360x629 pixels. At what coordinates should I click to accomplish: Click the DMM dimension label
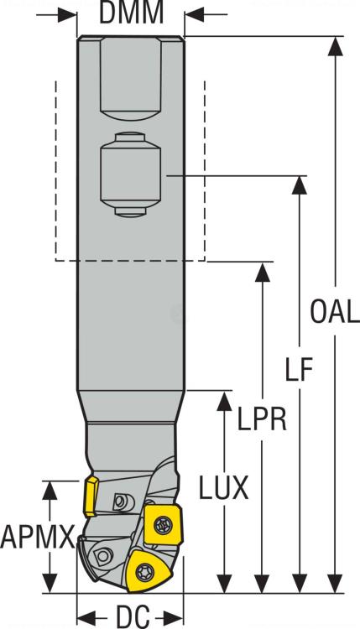point(129,13)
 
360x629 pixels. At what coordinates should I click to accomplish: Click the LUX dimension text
point(223,488)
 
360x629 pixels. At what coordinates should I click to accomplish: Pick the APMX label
point(38,536)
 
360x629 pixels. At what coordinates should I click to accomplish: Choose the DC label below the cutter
point(132,616)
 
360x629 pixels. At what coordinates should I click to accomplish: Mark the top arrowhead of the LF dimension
point(298,184)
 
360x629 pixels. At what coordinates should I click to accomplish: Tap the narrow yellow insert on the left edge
point(90,496)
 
